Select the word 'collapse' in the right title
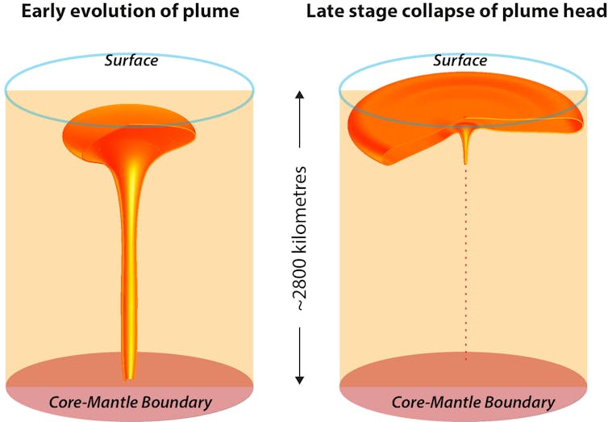pyautogui.click(x=431, y=11)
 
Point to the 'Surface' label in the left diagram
pyautogui.click(x=130, y=61)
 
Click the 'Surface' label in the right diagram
pyautogui.click(x=460, y=61)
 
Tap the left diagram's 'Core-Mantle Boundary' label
pyautogui.click(x=130, y=402)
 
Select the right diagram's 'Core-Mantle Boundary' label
pyautogui.click(x=473, y=402)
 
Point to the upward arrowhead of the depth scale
pyautogui.click(x=299, y=95)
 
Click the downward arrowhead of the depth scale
pyautogui.click(x=299, y=378)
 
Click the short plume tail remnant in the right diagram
pyautogui.click(x=466, y=145)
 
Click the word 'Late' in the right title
pyautogui.click(x=323, y=11)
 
